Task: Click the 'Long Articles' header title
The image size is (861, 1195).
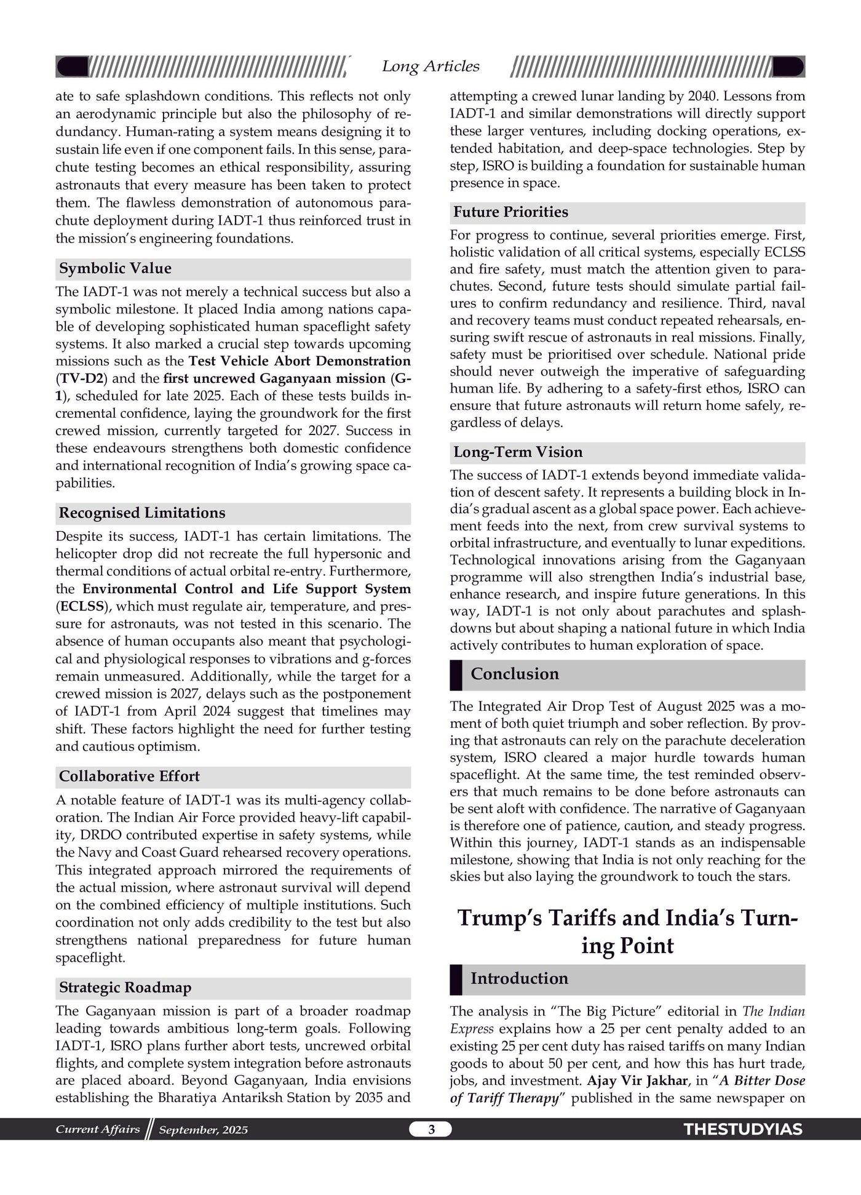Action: (x=430, y=66)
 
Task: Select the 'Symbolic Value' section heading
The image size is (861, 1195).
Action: (x=115, y=269)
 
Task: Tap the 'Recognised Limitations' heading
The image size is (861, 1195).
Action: (x=142, y=513)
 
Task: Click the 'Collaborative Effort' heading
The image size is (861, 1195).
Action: (x=129, y=777)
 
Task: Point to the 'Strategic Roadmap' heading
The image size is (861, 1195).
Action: (x=125, y=988)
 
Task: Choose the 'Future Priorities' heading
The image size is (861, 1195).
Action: (x=510, y=212)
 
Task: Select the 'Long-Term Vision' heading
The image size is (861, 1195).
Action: (x=518, y=452)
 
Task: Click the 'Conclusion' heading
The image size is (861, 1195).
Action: (x=515, y=674)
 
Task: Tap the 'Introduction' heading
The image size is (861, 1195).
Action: (x=519, y=979)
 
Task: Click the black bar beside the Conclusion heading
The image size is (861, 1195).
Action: (x=456, y=675)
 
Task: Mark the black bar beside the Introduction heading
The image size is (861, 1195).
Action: (x=456, y=980)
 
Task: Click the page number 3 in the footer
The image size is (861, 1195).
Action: (x=431, y=1129)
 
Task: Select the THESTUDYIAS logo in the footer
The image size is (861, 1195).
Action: (x=743, y=1130)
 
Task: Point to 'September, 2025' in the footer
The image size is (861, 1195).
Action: (x=203, y=1130)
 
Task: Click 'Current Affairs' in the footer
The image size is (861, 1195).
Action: (x=97, y=1129)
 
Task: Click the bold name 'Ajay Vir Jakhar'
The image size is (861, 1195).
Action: (x=637, y=1081)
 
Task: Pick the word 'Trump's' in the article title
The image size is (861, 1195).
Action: (x=499, y=917)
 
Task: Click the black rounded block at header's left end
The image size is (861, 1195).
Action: (x=72, y=66)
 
